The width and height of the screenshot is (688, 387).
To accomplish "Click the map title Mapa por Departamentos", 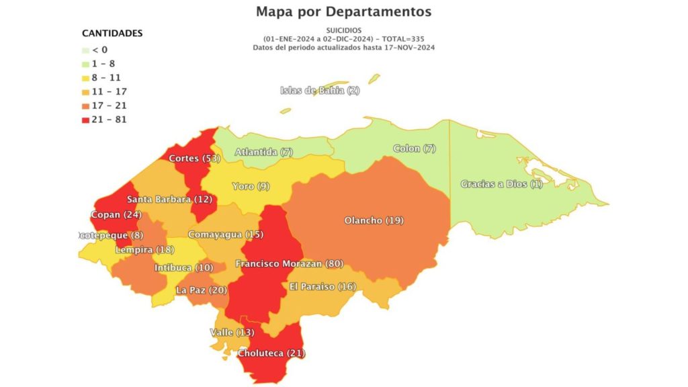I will tap(343, 12).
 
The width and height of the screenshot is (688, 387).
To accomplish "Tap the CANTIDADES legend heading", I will tap(112, 33).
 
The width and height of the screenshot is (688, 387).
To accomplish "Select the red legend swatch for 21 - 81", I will tap(85, 120).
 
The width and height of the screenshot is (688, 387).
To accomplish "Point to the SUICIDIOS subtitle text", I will tap(343, 31).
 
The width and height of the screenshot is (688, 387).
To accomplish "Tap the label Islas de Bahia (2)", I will tap(320, 91).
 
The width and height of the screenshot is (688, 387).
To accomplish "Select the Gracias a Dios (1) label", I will tap(501, 184).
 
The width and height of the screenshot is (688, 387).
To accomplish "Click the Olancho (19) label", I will tap(374, 220).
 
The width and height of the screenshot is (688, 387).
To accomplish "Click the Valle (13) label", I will tap(232, 333).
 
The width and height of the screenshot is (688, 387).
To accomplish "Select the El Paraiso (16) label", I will tap(322, 286).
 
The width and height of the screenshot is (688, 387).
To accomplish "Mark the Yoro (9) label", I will tap(251, 186).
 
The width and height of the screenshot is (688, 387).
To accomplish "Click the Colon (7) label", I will tap(415, 148).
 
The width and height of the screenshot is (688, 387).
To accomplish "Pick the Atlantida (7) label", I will tap(263, 153).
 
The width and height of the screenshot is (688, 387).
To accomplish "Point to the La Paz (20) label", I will tap(201, 290).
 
